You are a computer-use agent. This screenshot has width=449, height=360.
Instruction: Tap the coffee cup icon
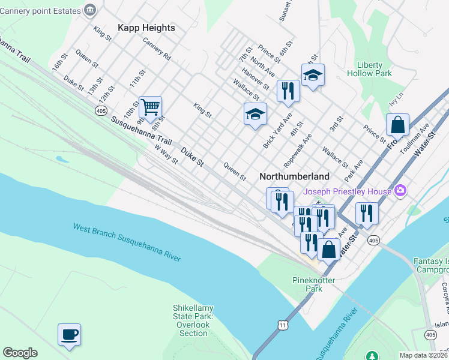69,335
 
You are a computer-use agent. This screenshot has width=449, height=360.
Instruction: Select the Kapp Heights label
146,28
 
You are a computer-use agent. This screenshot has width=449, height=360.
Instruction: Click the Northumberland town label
294,176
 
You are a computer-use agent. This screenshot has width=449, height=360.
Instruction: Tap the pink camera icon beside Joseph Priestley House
400,191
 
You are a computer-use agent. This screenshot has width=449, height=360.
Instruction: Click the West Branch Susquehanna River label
127,242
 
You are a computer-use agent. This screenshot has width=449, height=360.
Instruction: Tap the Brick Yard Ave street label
277,131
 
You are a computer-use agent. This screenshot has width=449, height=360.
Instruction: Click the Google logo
20,353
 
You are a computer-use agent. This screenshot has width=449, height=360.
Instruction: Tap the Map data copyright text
424,355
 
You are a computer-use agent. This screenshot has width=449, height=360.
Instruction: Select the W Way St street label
166,153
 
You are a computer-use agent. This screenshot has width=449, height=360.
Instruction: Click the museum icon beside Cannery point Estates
90,10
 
